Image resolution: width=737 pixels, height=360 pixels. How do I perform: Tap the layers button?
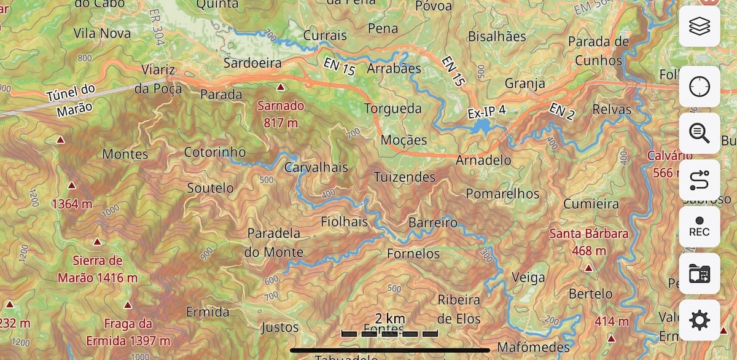coord(699,26)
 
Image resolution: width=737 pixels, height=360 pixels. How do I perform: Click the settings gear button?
coord(699,320)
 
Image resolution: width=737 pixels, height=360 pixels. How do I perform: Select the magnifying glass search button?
coord(699,133)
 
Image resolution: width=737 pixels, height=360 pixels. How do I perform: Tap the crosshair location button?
coord(699,87)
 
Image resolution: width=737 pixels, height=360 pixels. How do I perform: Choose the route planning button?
coord(699,180)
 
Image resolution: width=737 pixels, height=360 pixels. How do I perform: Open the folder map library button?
coord(699,273)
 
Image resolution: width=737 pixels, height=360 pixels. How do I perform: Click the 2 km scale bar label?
coord(390,318)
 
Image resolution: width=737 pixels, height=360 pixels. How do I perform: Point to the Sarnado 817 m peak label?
coord(281,114)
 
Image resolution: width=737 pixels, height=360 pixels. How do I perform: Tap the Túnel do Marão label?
coord(71,98)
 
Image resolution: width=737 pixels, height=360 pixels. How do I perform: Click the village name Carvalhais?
coord(316,167)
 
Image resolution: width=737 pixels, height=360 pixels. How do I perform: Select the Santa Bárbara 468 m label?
coord(588,242)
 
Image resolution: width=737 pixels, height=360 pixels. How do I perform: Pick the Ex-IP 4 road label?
coord(486,112)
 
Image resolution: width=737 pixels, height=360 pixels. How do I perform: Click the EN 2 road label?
coord(561,112)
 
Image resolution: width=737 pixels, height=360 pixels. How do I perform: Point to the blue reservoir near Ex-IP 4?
coord(482,127)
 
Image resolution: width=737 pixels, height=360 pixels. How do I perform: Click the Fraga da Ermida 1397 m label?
coord(128,332)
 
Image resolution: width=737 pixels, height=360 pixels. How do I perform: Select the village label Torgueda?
coord(393,109)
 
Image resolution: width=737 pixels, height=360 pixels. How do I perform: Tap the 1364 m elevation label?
coord(74,204)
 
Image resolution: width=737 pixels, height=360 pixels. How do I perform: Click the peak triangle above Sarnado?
coord(281,87)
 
